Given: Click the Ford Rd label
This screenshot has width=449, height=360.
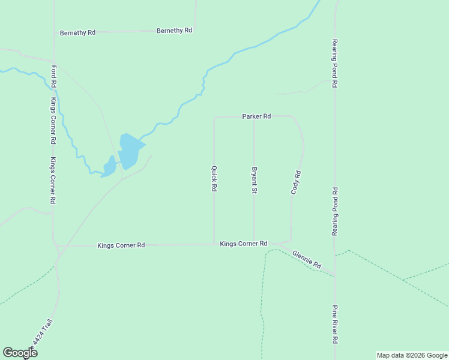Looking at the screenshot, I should (54, 77).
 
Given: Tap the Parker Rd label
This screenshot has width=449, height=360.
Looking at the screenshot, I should (257, 116).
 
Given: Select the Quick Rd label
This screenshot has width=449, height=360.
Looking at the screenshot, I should (214, 179).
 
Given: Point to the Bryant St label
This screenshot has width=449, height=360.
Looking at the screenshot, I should (255, 180).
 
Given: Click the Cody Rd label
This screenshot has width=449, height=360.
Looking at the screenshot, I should (295, 182).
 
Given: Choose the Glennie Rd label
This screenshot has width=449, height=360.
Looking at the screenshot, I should (307, 259).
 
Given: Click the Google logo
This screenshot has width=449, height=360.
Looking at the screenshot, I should (20, 352).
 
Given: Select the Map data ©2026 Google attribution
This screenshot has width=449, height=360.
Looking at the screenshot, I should (412, 355).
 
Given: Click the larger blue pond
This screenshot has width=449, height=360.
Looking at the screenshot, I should (130, 150).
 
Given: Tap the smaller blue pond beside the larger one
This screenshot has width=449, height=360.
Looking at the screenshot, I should (109, 166).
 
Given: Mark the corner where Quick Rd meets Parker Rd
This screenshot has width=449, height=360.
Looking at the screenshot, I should (214, 117).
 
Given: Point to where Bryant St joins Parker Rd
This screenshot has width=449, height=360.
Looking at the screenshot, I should (254, 117).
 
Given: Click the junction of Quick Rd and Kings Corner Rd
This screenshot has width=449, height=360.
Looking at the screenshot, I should (214, 244).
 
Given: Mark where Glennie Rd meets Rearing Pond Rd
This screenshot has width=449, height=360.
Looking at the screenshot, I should (334, 277).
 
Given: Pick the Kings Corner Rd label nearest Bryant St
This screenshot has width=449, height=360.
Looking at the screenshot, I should (243, 244).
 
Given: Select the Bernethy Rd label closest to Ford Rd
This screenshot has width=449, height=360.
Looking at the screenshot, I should (77, 32).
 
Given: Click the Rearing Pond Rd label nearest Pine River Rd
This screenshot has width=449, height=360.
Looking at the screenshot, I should (334, 211).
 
